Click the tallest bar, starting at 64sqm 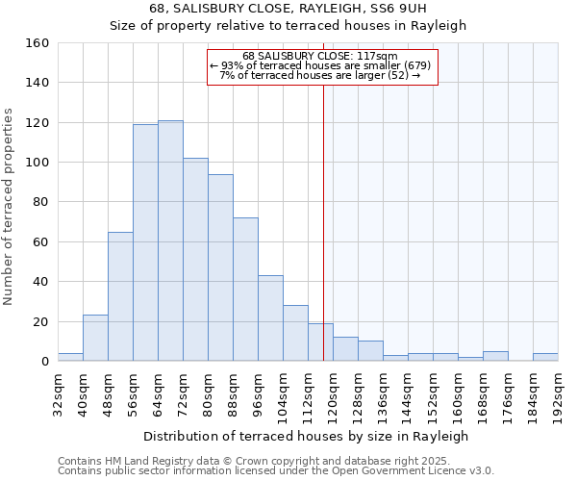tap(170, 240)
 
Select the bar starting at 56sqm tap(145, 242)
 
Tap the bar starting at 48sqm tap(120, 296)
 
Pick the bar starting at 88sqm tap(245, 290)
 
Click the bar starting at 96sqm tap(270, 318)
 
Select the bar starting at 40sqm tap(95, 338)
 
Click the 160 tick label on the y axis tap(38, 43)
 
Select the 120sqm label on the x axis tap(333, 393)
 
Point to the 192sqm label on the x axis tap(558, 393)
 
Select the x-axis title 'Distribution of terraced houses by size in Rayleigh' tap(307, 436)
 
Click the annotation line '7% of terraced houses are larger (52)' tap(320, 75)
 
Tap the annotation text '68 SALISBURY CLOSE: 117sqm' tap(320, 56)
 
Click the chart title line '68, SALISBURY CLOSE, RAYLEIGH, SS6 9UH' tap(288, 9)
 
